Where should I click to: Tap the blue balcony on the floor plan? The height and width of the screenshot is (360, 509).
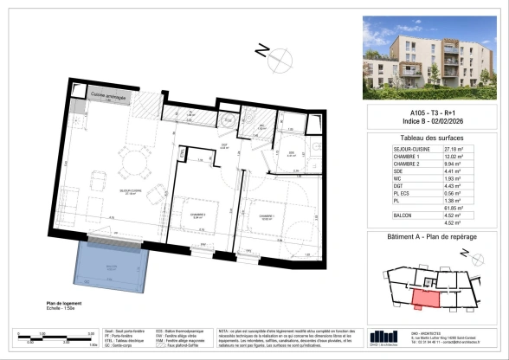tap(111, 266)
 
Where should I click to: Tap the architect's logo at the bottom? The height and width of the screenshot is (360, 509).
tap(382, 338)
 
